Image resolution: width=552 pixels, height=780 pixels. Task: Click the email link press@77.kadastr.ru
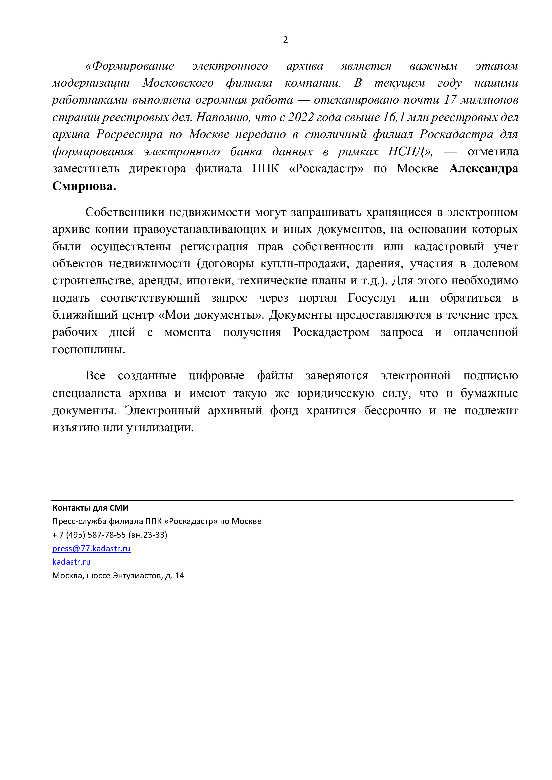pos(91,548)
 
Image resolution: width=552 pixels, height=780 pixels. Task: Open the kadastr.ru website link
pos(71,562)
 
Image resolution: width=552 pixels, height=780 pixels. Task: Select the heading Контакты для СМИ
pos(90,508)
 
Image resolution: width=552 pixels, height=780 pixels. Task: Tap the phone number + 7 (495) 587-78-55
pos(89,535)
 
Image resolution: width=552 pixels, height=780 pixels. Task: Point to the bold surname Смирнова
pos(84,186)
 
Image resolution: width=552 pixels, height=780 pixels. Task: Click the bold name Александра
pos(483,169)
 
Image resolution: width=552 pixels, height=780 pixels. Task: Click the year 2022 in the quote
pos(301,117)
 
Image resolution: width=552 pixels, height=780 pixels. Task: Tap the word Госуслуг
pos(372,298)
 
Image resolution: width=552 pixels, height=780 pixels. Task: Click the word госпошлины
pos(89,349)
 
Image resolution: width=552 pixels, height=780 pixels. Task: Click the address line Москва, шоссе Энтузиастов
pos(118,576)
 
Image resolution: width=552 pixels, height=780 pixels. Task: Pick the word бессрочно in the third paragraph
pos(392,411)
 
